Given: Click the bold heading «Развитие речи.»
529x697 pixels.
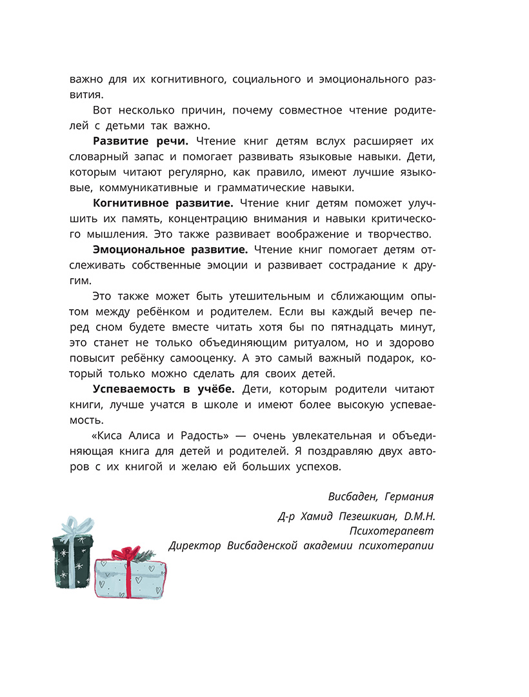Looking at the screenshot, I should point(132,141).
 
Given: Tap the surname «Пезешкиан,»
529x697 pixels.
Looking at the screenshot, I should point(365,516).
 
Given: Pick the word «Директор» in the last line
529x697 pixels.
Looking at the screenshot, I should point(194,546).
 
